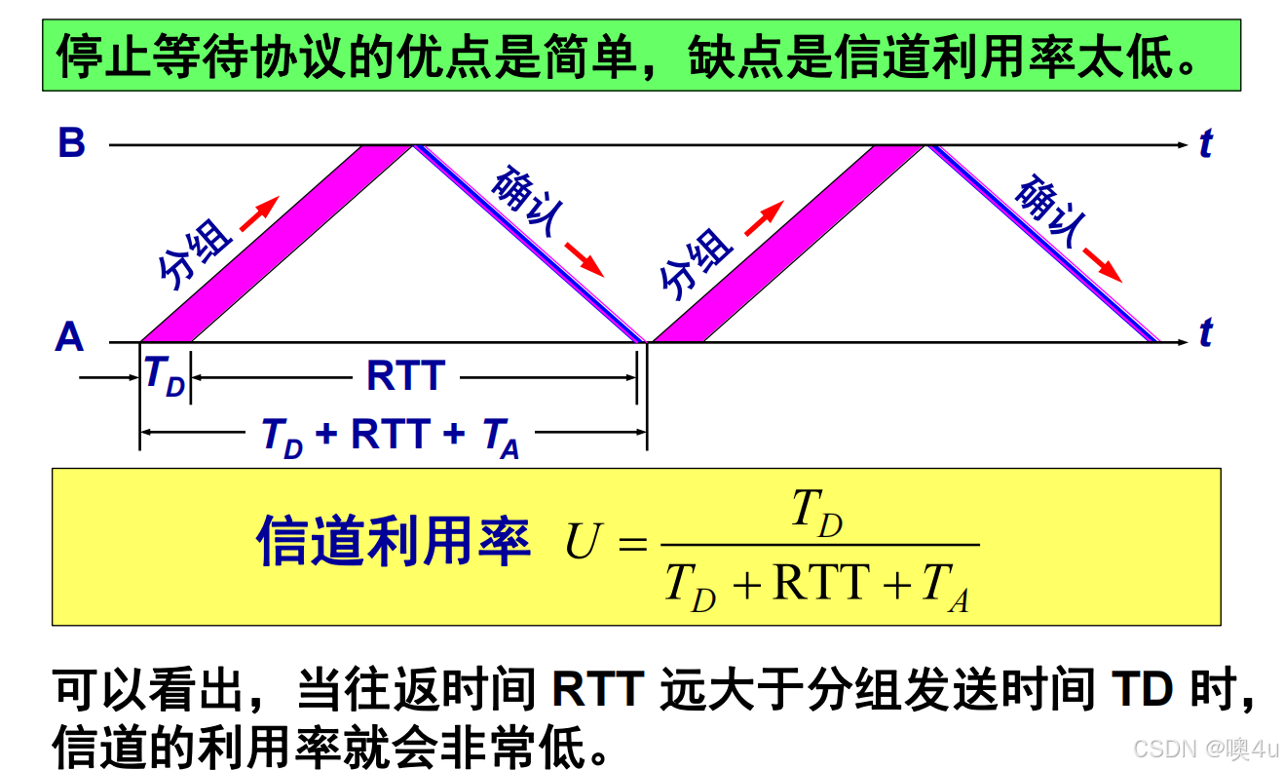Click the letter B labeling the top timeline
click(72, 143)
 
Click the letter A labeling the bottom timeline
click(69, 338)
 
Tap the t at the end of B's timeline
click(1206, 143)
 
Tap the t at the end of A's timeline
click(1206, 333)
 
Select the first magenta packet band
click(277, 244)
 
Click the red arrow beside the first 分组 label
click(259, 212)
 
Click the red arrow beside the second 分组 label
click(763, 218)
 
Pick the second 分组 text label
click(696, 263)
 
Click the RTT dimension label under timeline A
click(405, 376)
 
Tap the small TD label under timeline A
click(164, 375)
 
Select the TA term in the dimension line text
click(501, 438)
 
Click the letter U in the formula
click(581, 544)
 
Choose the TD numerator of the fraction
click(816, 512)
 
